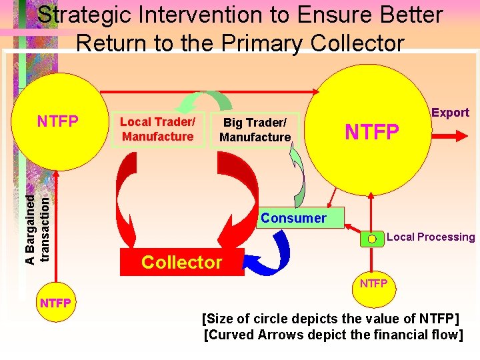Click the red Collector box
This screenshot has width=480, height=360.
click(181, 262)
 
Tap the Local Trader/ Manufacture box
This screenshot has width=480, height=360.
click(157, 129)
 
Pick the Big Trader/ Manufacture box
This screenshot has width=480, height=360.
click(255, 130)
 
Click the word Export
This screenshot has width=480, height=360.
click(450, 113)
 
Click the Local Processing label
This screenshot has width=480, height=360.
click(431, 237)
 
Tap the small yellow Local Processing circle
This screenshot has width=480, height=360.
click(372, 238)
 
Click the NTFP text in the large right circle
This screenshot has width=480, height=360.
click(371, 132)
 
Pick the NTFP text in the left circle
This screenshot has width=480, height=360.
click(58, 121)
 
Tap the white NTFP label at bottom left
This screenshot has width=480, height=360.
click(55, 303)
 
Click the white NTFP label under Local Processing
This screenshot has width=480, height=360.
click(373, 284)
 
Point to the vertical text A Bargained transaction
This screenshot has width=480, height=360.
click(37, 220)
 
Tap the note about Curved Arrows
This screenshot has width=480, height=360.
click(333, 335)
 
